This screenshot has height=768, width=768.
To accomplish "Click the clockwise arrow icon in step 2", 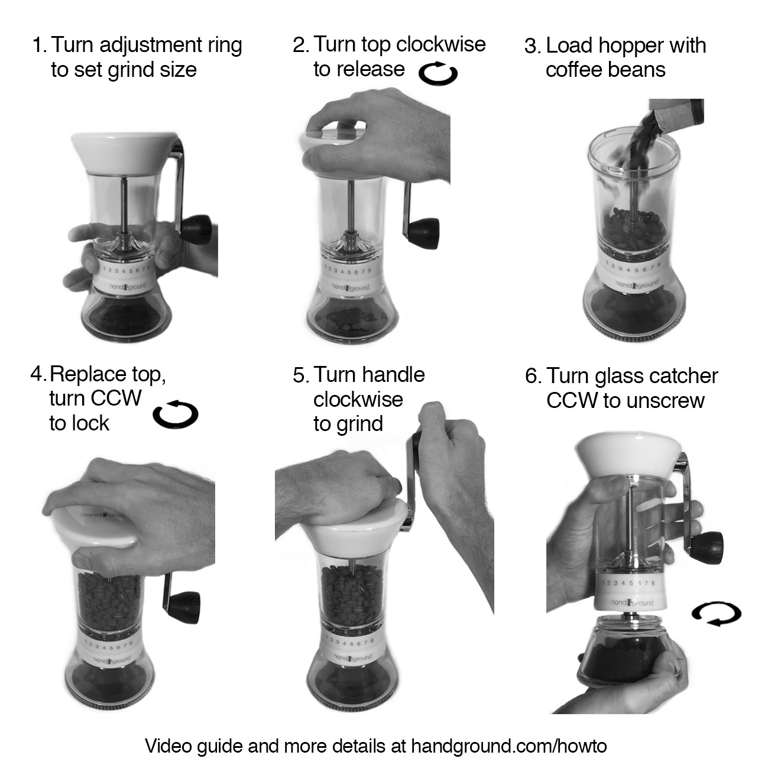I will [x=438, y=74].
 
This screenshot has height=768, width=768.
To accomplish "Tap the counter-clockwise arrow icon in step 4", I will [x=175, y=414].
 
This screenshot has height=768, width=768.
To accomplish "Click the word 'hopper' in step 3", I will [x=630, y=46].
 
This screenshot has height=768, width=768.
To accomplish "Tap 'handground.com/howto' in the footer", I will [x=508, y=746].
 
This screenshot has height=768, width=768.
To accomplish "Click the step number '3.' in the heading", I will [x=533, y=46].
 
